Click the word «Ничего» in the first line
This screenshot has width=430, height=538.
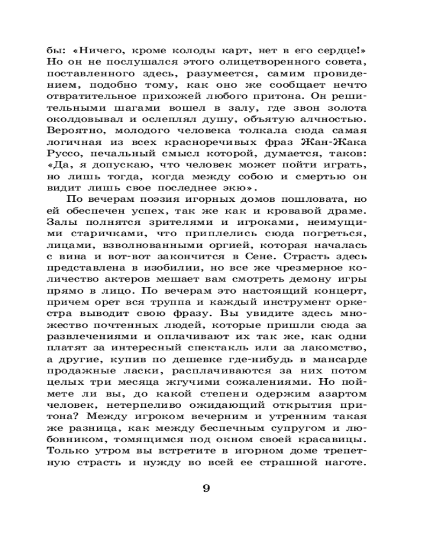point(104,51)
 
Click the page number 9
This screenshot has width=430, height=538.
point(206,489)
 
